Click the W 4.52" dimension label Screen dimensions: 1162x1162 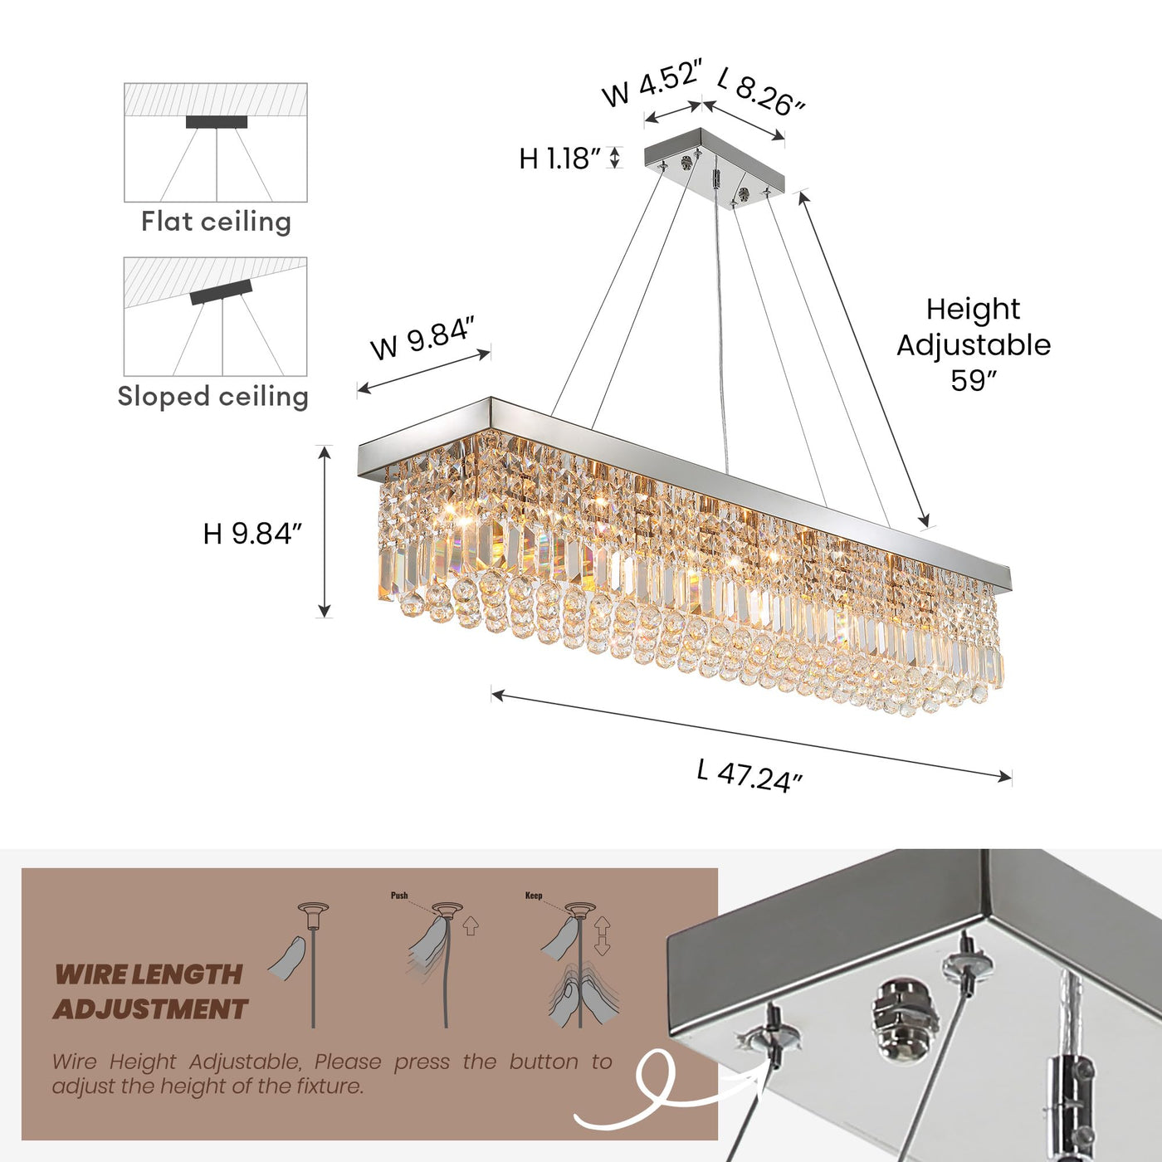[652, 83]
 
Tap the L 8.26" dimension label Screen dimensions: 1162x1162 [761, 91]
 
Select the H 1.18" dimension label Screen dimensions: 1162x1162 [559, 159]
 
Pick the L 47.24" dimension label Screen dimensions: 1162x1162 [749, 776]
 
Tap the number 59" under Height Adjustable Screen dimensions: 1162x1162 [973, 381]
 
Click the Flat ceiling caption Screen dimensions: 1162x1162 [216, 222]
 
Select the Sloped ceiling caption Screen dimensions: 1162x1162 [213, 397]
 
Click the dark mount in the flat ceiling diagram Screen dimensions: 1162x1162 [217, 122]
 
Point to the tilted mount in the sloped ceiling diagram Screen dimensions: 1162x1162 [221, 292]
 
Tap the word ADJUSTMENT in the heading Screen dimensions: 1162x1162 [150, 1009]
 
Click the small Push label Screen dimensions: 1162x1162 [399, 896]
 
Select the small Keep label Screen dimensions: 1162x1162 [534, 896]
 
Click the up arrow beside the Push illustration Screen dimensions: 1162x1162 [471, 924]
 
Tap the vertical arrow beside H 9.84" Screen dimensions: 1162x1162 [325, 531]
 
